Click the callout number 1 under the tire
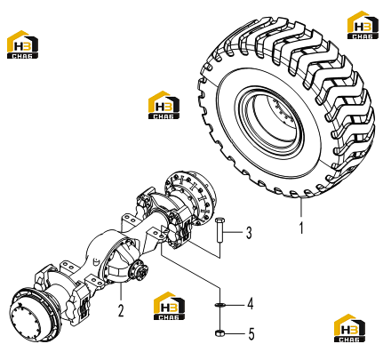301,228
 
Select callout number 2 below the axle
121,310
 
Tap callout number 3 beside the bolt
249,233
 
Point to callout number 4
251,304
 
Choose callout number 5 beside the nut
251,334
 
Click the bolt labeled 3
219,230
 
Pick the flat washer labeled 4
219,304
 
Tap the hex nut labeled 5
219,333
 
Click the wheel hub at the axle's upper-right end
190,197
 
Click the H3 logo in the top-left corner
22,44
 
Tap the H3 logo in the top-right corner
363,25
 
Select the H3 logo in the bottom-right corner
349,328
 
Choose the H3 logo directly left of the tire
164,105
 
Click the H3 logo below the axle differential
170,306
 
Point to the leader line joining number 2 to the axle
121,292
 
